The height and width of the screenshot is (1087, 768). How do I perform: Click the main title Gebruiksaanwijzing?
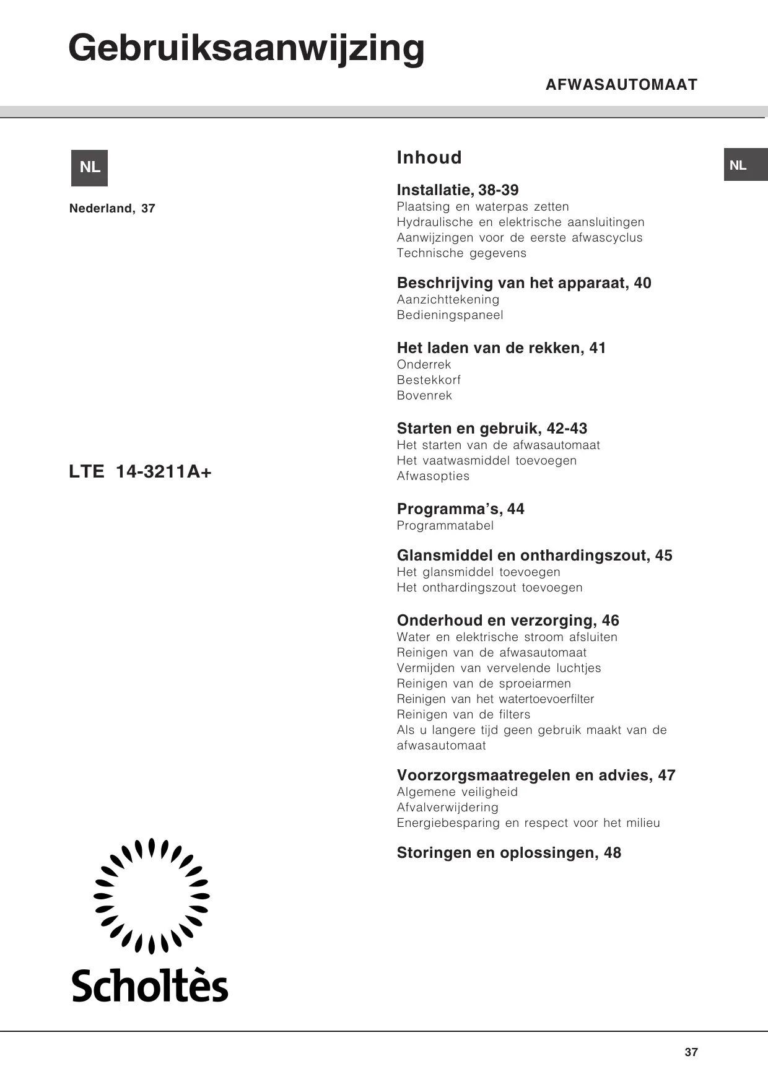pos(247,48)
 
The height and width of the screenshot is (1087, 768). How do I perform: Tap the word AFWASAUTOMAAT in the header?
pos(621,85)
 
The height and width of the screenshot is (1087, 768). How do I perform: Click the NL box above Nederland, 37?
pos(90,168)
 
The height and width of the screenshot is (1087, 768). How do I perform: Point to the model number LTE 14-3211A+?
pos(141,472)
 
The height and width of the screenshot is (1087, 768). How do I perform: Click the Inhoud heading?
pos(429,158)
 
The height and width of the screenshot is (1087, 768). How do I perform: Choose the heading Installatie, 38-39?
pos(458,190)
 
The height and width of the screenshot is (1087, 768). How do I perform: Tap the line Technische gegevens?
pos(461,253)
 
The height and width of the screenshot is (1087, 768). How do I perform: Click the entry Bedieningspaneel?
pos(450,315)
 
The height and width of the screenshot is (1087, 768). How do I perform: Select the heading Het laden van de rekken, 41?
pos(501,348)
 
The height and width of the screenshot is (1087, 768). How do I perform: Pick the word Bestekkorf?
pos(429,380)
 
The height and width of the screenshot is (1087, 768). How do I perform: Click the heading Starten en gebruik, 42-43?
pos(492,429)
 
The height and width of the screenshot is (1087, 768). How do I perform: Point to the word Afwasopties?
pos(433,476)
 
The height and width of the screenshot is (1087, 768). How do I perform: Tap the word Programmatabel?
pos(445,526)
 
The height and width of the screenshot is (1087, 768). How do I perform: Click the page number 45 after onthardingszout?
pos(663,556)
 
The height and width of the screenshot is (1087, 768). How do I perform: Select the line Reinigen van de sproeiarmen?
pos(484,684)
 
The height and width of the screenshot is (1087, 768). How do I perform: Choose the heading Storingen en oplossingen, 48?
pos(508,853)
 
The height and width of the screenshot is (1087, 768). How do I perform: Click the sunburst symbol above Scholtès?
pos(151,896)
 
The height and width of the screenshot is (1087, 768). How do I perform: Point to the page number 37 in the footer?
pos(691,1052)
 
